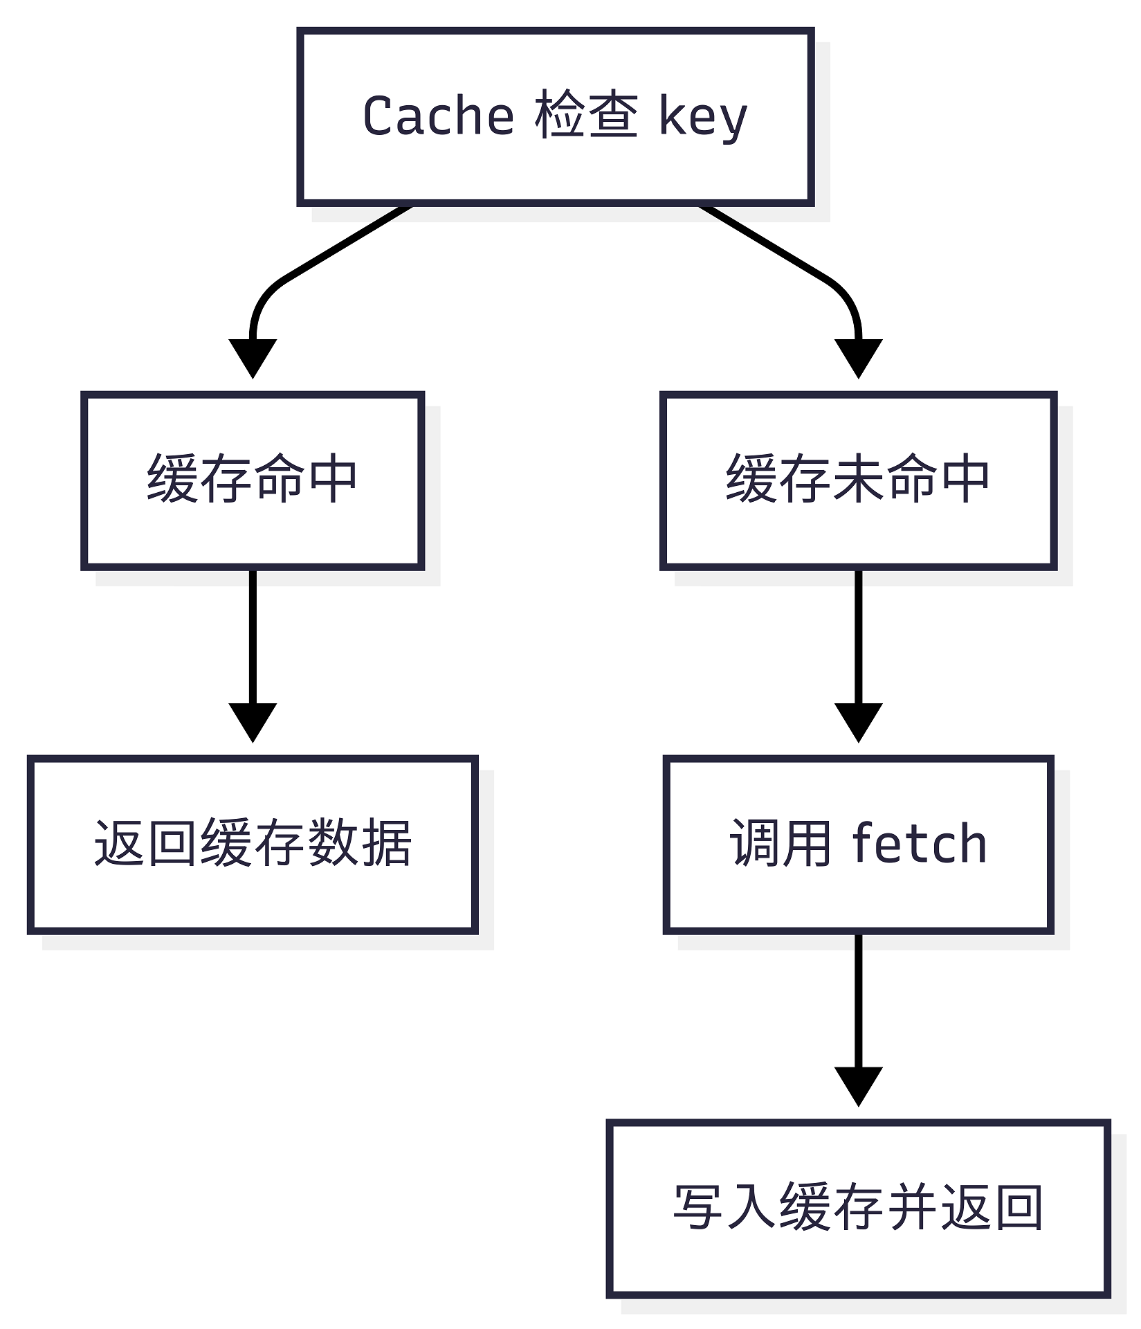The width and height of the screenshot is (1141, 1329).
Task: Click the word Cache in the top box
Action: (x=437, y=116)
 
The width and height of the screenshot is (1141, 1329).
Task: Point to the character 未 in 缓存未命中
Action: (x=858, y=479)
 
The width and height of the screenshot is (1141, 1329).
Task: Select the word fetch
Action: (x=919, y=844)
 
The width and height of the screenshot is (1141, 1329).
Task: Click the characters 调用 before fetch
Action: (x=780, y=843)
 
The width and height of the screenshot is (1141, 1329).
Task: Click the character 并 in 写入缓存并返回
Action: (x=912, y=1207)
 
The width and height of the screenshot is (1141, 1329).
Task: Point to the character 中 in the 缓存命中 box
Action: (x=333, y=479)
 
